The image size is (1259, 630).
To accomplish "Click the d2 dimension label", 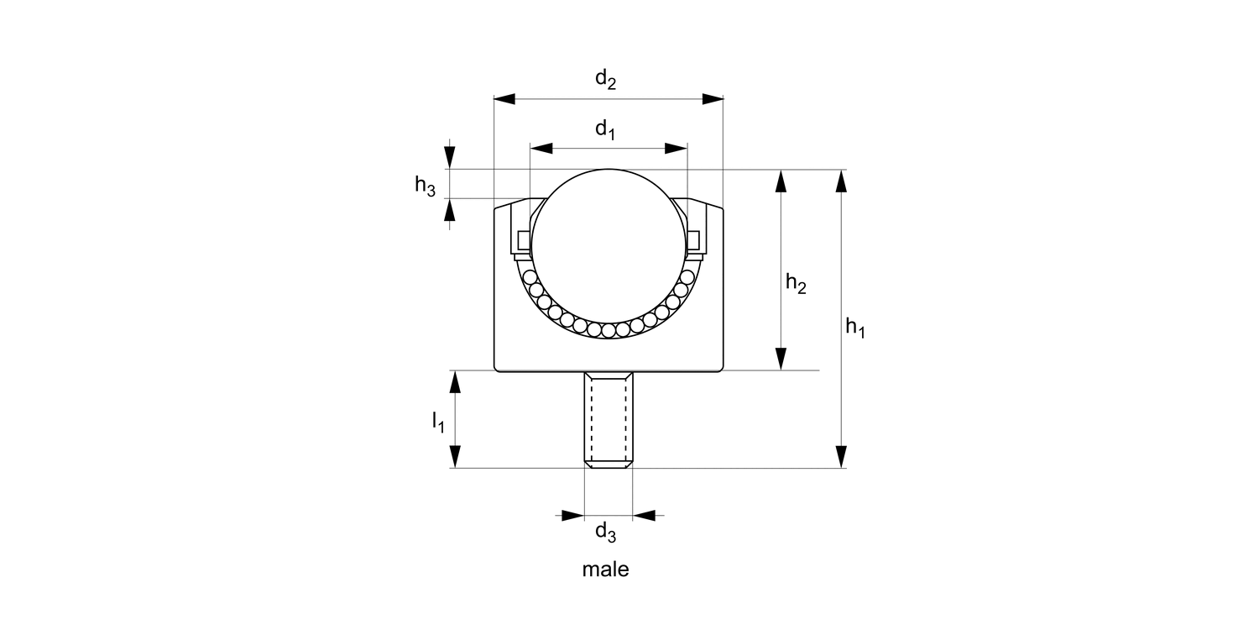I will pyautogui.click(x=605, y=80).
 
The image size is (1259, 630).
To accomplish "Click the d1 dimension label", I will pyautogui.click(x=605, y=129).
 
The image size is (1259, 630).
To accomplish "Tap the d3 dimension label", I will pyautogui.click(x=605, y=532).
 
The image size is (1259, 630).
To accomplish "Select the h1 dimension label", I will pyautogui.click(x=854, y=328).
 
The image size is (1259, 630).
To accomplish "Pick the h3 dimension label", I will pyautogui.click(x=425, y=186).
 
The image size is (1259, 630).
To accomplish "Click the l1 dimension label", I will pyautogui.click(x=437, y=422).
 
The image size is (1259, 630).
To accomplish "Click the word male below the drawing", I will pyautogui.click(x=605, y=570).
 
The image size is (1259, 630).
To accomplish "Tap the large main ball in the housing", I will pyautogui.click(x=609, y=244).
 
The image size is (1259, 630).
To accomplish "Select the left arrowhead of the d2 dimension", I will pyautogui.click(x=504, y=99).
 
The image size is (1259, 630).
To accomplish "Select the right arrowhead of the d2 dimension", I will pyautogui.click(x=713, y=99).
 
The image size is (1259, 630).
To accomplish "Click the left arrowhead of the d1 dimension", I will pyautogui.click(x=541, y=149).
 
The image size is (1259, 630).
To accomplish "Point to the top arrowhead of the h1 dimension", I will pyautogui.click(x=840, y=181).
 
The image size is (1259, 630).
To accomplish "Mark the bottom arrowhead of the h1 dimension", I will pyautogui.click(x=840, y=456).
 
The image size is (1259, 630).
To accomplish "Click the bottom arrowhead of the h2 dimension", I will pyautogui.click(x=781, y=359).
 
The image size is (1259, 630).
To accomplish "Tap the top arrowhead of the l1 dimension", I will pyautogui.click(x=455, y=382).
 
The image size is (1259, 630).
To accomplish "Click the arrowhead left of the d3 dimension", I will pyautogui.click(x=572, y=514).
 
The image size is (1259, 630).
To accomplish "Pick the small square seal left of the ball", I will pyautogui.click(x=524, y=241).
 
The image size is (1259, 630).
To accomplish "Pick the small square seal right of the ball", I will pyautogui.click(x=693, y=241).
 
